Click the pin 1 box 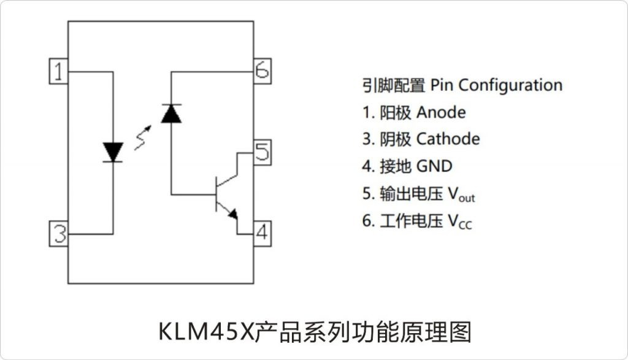tap(58, 72)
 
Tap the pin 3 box tap(58, 234)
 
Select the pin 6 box tap(262, 71)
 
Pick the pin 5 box tap(262, 151)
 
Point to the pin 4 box tap(262, 233)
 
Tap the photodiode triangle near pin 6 tap(171, 113)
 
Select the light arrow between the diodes tap(143, 137)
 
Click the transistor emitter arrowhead tap(233, 213)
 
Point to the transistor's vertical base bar tap(216, 194)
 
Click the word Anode tap(440, 112)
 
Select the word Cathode tap(448, 139)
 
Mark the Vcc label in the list tap(459, 221)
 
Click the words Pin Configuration tap(496, 85)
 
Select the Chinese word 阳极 tap(396, 112)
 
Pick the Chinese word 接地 tap(396, 166)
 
